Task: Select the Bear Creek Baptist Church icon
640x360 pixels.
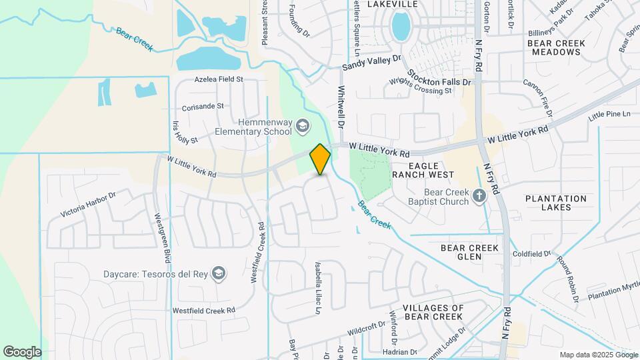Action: (x=479, y=195)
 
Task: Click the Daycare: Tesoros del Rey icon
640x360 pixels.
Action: (x=218, y=273)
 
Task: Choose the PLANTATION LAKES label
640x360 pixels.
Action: (x=556, y=203)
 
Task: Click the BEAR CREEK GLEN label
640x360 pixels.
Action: (x=470, y=252)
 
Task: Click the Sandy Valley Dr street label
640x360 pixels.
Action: (x=371, y=63)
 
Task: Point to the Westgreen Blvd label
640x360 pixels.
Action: (x=163, y=237)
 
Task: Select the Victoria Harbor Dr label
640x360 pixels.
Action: (x=88, y=205)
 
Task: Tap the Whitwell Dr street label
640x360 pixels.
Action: (x=341, y=107)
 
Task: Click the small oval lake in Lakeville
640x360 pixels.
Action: (x=401, y=27)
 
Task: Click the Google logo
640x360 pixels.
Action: (x=22, y=351)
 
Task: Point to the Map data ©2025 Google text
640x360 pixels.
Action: (x=597, y=355)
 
